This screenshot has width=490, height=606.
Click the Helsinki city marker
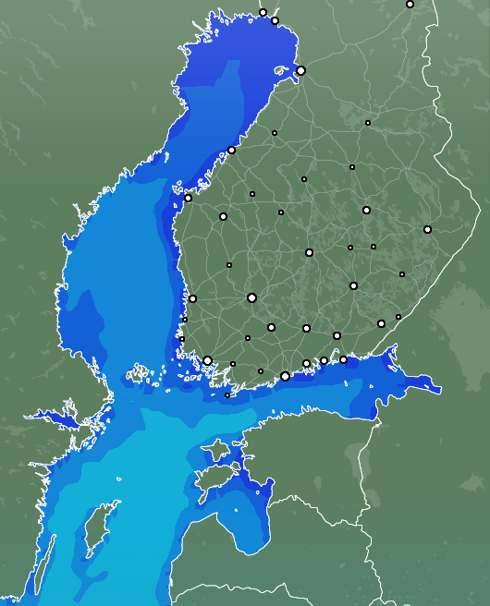pos(285,376)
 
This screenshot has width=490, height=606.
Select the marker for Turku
pos(207,361)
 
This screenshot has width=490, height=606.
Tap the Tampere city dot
pos(251,297)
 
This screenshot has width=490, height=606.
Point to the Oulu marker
pos(300,70)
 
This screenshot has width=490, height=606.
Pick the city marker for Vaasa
pos(188,198)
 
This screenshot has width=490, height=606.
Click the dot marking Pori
pos(192,298)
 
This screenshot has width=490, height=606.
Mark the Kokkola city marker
pos(231,150)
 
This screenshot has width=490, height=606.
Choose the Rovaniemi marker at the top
pos(410,5)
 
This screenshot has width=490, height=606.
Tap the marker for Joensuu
pos(427,229)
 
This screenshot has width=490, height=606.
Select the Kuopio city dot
pos(366,211)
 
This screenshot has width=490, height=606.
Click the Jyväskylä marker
pos(309,252)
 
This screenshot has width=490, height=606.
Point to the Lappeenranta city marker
pos(381,323)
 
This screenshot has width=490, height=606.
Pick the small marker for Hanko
pos(227,395)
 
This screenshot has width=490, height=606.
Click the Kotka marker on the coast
pos(343,359)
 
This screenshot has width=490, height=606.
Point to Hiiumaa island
pos(216,451)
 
